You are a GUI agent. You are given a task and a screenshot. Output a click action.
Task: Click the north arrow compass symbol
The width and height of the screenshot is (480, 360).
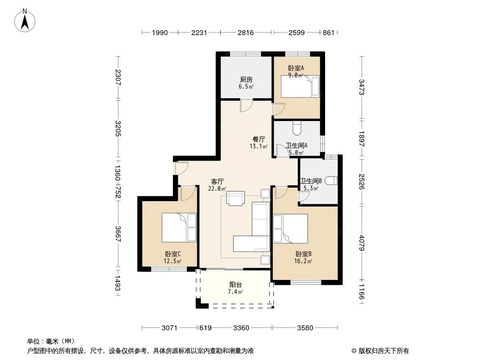(x=25, y=21)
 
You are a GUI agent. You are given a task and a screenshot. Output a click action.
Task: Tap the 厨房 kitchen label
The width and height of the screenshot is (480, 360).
(x=246, y=80)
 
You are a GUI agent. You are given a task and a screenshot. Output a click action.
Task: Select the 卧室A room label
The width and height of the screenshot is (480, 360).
(x=296, y=68)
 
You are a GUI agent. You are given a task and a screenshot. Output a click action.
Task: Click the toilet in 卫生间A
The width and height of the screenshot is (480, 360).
(x=297, y=128)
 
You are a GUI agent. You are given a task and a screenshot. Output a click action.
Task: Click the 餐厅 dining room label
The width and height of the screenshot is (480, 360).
(x=258, y=139)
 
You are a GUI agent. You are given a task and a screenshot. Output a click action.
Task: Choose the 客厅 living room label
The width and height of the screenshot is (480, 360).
(x=217, y=181)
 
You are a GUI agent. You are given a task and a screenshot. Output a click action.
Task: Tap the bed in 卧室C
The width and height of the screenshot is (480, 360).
(x=179, y=228)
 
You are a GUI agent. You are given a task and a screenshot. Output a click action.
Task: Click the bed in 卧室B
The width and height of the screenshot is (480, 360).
(x=290, y=229)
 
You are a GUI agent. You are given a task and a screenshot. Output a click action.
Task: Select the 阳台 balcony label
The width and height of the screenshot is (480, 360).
(x=235, y=284)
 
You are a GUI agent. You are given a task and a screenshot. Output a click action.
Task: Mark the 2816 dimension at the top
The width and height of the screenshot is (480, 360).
(x=246, y=32)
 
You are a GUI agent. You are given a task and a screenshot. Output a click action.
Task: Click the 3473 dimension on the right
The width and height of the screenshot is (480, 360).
(x=362, y=87)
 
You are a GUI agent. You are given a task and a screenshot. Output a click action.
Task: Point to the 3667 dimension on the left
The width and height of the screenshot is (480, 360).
(x=118, y=234)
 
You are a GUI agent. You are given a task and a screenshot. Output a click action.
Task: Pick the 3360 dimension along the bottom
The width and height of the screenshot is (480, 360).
(x=241, y=328)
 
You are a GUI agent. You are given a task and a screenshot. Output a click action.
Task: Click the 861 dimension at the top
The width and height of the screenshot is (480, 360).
(x=328, y=32)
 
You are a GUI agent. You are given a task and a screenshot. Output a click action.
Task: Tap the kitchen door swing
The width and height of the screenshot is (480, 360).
(x=246, y=105)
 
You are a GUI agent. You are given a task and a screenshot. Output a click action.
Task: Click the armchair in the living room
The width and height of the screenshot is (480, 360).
(x=235, y=198)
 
